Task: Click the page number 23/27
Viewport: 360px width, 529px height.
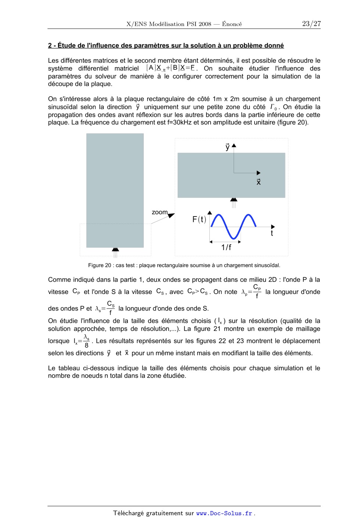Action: pyautogui.click(x=311, y=24)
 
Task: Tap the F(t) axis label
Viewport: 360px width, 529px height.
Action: pyautogui.click(x=199, y=220)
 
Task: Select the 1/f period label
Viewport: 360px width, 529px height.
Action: pyautogui.click(x=226, y=247)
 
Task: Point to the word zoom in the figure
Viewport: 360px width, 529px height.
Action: pyautogui.click(x=159, y=212)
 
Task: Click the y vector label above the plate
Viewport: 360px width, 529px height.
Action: pyautogui.click(x=228, y=147)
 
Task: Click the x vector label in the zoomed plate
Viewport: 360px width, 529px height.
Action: pyautogui.click(x=259, y=182)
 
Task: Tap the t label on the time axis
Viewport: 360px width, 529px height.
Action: pyautogui.click(x=272, y=233)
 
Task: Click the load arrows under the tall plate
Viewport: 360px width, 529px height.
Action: pyautogui.click(x=115, y=252)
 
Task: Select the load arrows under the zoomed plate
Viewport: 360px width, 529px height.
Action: pyautogui.click(x=234, y=202)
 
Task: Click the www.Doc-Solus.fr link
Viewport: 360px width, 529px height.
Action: pyautogui.click(x=224, y=513)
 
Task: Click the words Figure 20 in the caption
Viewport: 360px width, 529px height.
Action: pyautogui.click(x=100, y=265)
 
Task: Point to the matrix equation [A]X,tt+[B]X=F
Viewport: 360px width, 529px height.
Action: pyautogui.click(x=171, y=68)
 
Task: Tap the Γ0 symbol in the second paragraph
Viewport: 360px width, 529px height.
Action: pyautogui.click(x=273, y=107)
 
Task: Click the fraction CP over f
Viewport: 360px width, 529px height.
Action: pyautogui.click(x=257, y=291)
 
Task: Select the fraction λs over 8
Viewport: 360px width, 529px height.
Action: pyautogui.click(x=86, y=341)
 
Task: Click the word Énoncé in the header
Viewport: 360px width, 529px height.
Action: pyautogui.click(x=232, y=24)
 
